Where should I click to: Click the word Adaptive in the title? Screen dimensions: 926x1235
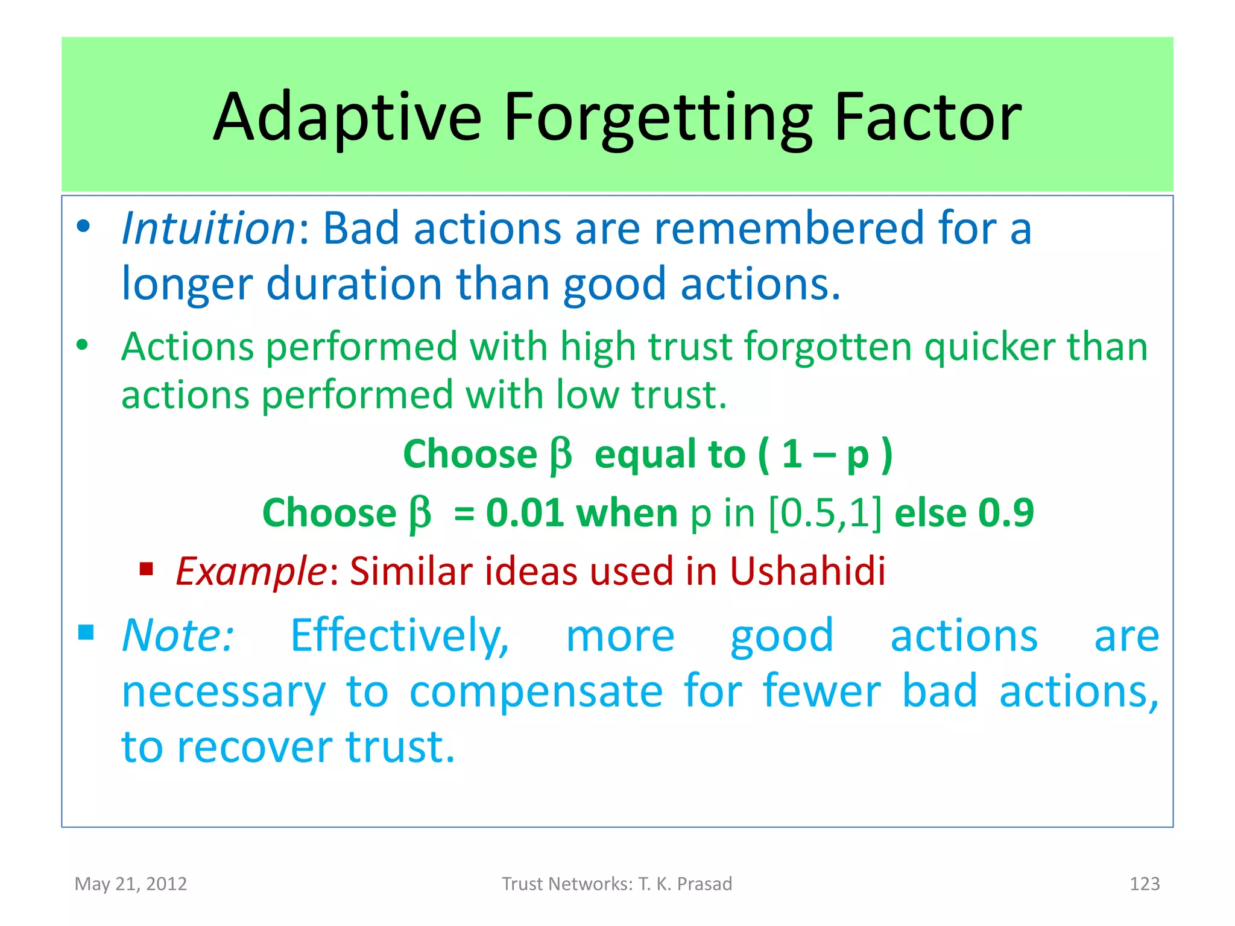point(348,118)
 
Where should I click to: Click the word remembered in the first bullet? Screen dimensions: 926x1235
point(789,228)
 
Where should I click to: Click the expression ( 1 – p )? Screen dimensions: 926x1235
point(826,454)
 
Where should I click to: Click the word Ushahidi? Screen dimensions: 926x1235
point(807,571)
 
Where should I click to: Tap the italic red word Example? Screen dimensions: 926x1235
point(251,571)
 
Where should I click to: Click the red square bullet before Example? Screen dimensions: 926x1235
point(147,569)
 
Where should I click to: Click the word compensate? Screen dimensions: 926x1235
point(536,691)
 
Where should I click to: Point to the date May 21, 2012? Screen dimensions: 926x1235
point(131,884)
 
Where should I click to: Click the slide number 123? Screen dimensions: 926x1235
point(1144,884)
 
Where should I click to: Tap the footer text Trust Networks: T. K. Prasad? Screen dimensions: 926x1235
point(617,884)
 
